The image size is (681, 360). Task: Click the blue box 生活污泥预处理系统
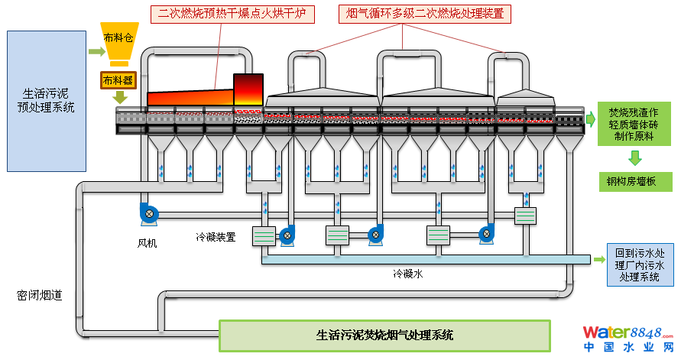tap(46, 100)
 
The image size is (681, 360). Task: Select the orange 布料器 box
tap(118, 79)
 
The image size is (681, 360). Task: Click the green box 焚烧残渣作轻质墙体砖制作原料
tap(634, 123)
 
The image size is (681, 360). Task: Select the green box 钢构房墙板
tap(634, 182)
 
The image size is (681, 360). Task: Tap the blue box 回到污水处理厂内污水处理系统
tap(640, 264)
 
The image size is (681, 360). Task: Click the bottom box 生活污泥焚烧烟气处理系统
tap(384, 335)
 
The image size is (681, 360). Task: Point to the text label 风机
tap(147, 244)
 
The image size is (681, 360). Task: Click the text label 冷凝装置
tap(215, 238)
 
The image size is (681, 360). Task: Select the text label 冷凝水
tap(407, 273)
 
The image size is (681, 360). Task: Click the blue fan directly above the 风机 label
tap(148, 213)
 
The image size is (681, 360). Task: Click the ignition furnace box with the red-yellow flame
tap(248, 91)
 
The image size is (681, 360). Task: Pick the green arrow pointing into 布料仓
tap(95, 52)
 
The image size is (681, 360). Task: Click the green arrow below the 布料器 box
tap(118, 97)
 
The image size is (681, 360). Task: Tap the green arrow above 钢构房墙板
tap(634, 158)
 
